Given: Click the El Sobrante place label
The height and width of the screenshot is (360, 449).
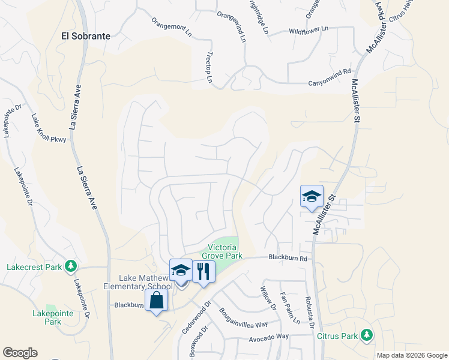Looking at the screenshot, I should [86, 36].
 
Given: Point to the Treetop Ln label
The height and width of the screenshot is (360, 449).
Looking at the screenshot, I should [209, 67].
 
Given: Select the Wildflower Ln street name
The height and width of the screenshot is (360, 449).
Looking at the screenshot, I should [309, 29].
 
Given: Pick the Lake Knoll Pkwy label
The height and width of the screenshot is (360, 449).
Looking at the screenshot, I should [49, 128].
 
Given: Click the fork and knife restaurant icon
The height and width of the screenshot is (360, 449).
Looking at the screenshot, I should [203, 272].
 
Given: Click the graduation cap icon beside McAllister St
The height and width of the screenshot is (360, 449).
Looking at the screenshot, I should [312, 196].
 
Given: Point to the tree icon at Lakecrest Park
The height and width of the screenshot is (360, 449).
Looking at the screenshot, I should [71, 265].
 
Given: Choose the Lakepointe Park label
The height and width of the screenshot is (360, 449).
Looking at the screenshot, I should [53, 317].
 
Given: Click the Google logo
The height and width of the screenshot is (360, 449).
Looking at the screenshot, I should [20, 353].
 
